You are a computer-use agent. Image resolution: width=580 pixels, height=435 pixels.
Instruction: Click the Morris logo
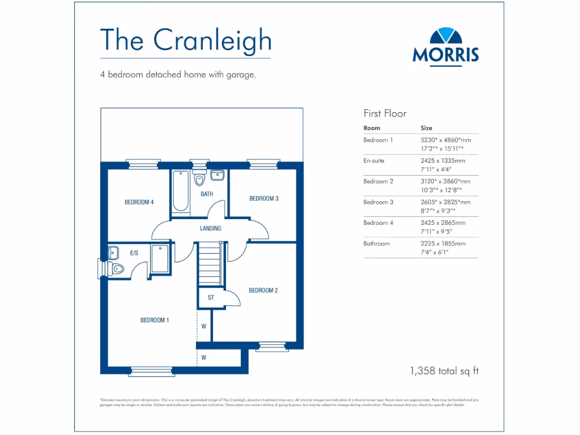tap(445, 46)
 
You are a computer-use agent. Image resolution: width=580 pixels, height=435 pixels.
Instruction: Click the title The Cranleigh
tap(185, 39)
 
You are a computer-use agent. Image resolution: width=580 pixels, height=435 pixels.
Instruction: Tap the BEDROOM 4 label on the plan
tap(139, 202)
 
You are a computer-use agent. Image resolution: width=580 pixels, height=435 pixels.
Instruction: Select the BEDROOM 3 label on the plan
tap(264, 198)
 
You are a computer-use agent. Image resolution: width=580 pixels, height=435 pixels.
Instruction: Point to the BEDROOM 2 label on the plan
tap(263, 291)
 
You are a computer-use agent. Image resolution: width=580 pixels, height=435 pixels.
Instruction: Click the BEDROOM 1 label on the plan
tap(155, 320)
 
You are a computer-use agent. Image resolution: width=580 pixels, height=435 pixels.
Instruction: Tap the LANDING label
tap(211, 228)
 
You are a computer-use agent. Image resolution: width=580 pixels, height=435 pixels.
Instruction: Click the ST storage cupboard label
tap(211, 297)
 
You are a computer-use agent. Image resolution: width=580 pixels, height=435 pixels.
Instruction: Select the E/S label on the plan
tap(134, 253)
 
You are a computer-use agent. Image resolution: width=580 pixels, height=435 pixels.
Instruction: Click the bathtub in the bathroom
tap(181, 190)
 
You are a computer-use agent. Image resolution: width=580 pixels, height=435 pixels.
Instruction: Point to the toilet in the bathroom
tap(199, 179)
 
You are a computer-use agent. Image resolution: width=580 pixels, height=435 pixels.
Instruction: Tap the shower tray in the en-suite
tap(160, 259)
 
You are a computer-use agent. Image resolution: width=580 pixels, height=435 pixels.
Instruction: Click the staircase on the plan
tap(209, 265)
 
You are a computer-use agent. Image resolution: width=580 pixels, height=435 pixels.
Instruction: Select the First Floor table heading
tap(385, 113)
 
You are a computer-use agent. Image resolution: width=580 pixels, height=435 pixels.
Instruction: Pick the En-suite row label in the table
tap(374, 161)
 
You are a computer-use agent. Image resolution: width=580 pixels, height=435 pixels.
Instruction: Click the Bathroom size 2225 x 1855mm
tap(443, 244)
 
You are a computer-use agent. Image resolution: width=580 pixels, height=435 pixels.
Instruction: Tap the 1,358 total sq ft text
tap(445, 371)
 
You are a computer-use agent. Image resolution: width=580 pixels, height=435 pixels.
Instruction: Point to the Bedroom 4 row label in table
tap(378, 223)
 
